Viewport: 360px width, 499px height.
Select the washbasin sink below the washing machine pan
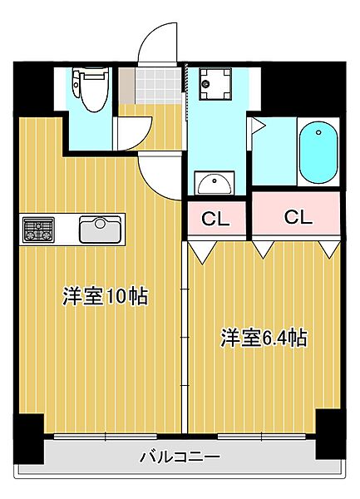215,182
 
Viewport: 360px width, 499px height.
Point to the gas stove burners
37,229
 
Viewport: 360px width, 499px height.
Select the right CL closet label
297,217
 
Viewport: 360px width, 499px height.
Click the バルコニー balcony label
180,457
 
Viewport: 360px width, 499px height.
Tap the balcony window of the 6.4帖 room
261,436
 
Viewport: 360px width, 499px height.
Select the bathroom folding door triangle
257,127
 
